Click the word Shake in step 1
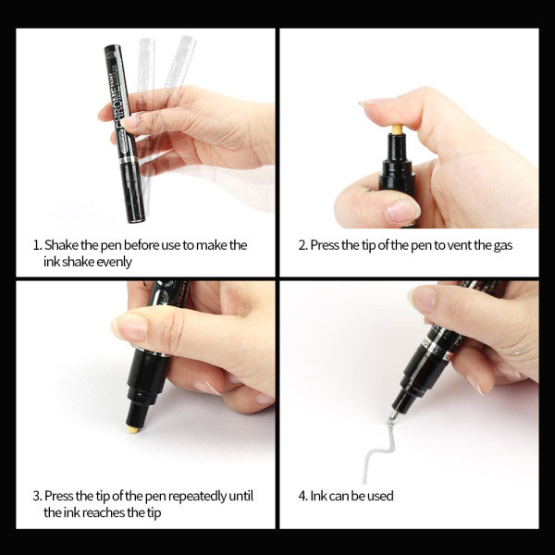point(61,245)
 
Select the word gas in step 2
point(503,246)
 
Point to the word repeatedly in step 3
point(197,496)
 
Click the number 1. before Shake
point(38,245)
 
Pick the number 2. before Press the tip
point(303,245)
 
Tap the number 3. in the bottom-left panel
point(38,496)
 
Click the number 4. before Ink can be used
point(303,496)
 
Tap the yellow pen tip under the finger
point(397,129)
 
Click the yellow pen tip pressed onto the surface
point(133,429)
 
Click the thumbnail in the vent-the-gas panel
point(402,211)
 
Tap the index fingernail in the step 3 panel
point(129,327)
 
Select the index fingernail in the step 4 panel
point(423,299)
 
